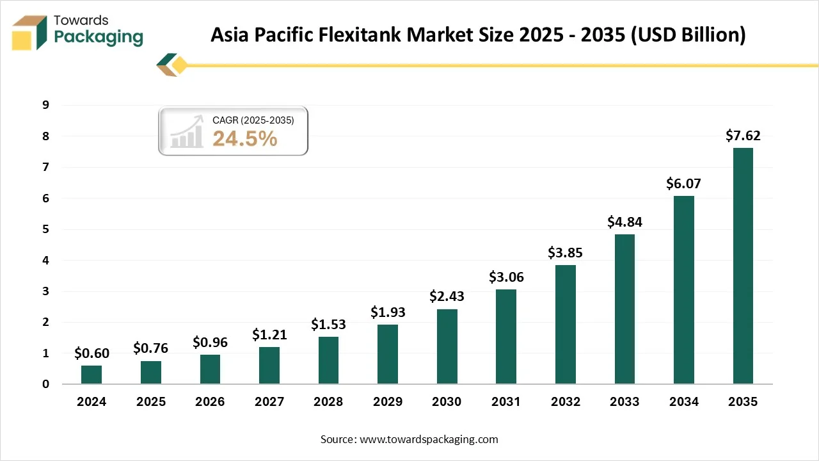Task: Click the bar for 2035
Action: [743, 266]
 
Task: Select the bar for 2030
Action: [447, 346]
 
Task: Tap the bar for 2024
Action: [91, 375]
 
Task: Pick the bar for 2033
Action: [624, 309]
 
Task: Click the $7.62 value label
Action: [743, 136]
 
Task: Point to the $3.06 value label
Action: [506, 277]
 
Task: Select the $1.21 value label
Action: [269, 334]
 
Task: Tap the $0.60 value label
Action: [91, 353]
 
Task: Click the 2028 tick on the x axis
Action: [328, 401]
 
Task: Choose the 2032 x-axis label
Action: [565, 401]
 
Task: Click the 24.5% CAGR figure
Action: [244, 138]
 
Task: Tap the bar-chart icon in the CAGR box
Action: [187, 134]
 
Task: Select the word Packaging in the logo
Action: [99, 37]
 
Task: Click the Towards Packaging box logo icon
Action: [30, 32]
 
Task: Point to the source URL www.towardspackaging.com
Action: [428, 439]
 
